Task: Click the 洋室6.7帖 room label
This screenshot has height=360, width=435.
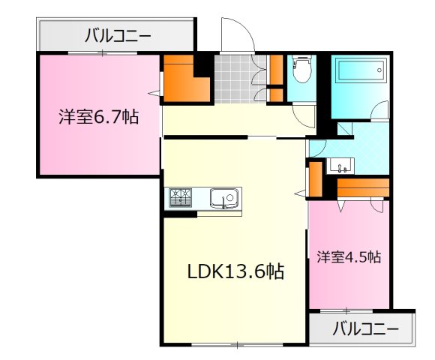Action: click(x=98, y=118)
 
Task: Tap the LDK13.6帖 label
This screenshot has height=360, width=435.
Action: click(x=235, y=271)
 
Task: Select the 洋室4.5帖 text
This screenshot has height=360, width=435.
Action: click(x=348, y=257)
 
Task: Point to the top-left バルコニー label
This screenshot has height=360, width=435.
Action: click(x=117, y=34)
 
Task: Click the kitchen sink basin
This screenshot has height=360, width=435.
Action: click(x=224, y=198)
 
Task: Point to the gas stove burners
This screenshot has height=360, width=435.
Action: click(x=181, y=198)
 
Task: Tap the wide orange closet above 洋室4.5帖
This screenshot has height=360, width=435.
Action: click(x=363, y=186)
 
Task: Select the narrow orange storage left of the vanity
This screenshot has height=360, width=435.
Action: click(x=316, y=177)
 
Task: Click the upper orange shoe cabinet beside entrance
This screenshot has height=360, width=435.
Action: click(x=274, y=70)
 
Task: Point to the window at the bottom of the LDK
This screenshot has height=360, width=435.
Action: click(x=236, y=345)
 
